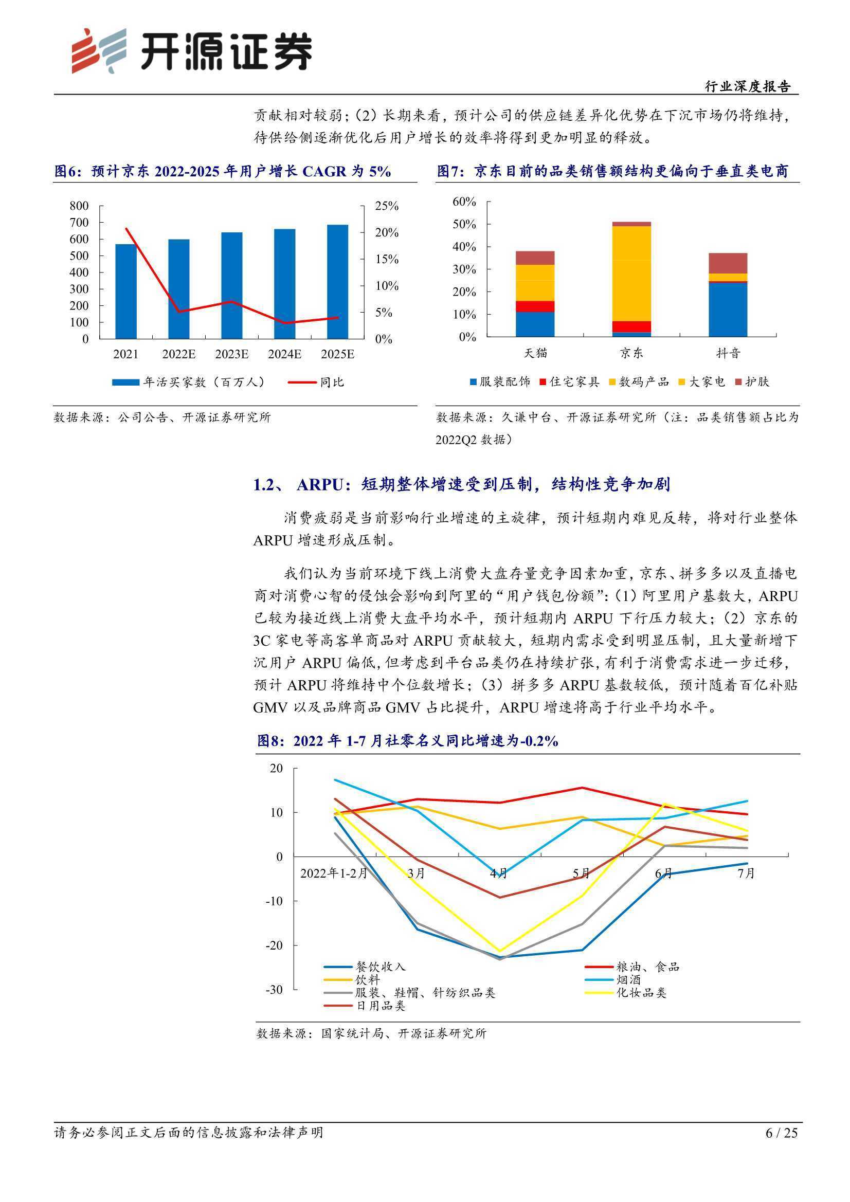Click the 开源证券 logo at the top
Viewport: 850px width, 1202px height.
coord(192,51)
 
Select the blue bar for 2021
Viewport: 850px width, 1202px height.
coord(125,291)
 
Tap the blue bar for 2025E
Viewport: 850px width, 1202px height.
coord(337,282)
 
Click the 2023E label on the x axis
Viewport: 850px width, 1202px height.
coord(231,354)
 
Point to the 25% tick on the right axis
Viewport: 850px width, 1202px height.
coord(387,206)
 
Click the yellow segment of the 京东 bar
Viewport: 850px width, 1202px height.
coord(631,274)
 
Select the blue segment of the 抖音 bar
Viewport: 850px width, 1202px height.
coord(728,309)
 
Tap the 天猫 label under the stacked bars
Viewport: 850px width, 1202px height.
coord(535,353)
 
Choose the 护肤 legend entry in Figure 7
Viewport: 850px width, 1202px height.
coord(752,381)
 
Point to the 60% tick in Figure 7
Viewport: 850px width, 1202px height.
coord(464,202)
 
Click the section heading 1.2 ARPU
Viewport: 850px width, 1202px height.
coord(461,484)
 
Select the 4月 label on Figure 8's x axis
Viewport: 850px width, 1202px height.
coord(499,873)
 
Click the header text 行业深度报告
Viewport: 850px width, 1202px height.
coord(747,86)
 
